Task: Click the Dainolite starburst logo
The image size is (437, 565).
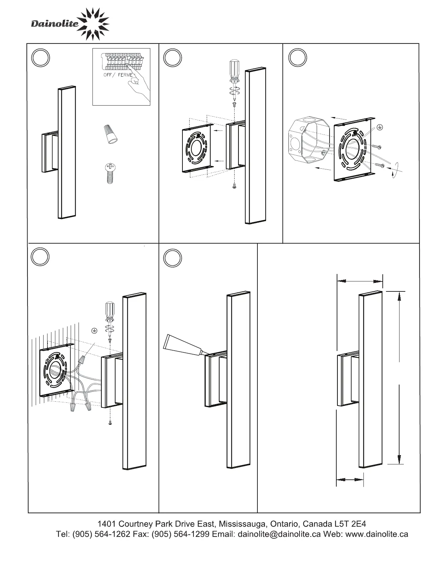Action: (x=94, y=23)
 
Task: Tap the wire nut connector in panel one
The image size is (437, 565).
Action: (x=109, y=135)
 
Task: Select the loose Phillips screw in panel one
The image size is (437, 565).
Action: (x=110, y=173)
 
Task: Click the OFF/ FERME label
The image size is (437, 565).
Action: (x=118, y=75)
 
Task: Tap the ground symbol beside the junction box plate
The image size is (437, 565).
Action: (x=380, y=127)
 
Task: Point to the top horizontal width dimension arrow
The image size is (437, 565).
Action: (x=360, y=281)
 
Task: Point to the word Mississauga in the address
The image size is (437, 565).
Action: (x=243, y=524)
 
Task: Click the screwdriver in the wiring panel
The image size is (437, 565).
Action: (x=110, y=315)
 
